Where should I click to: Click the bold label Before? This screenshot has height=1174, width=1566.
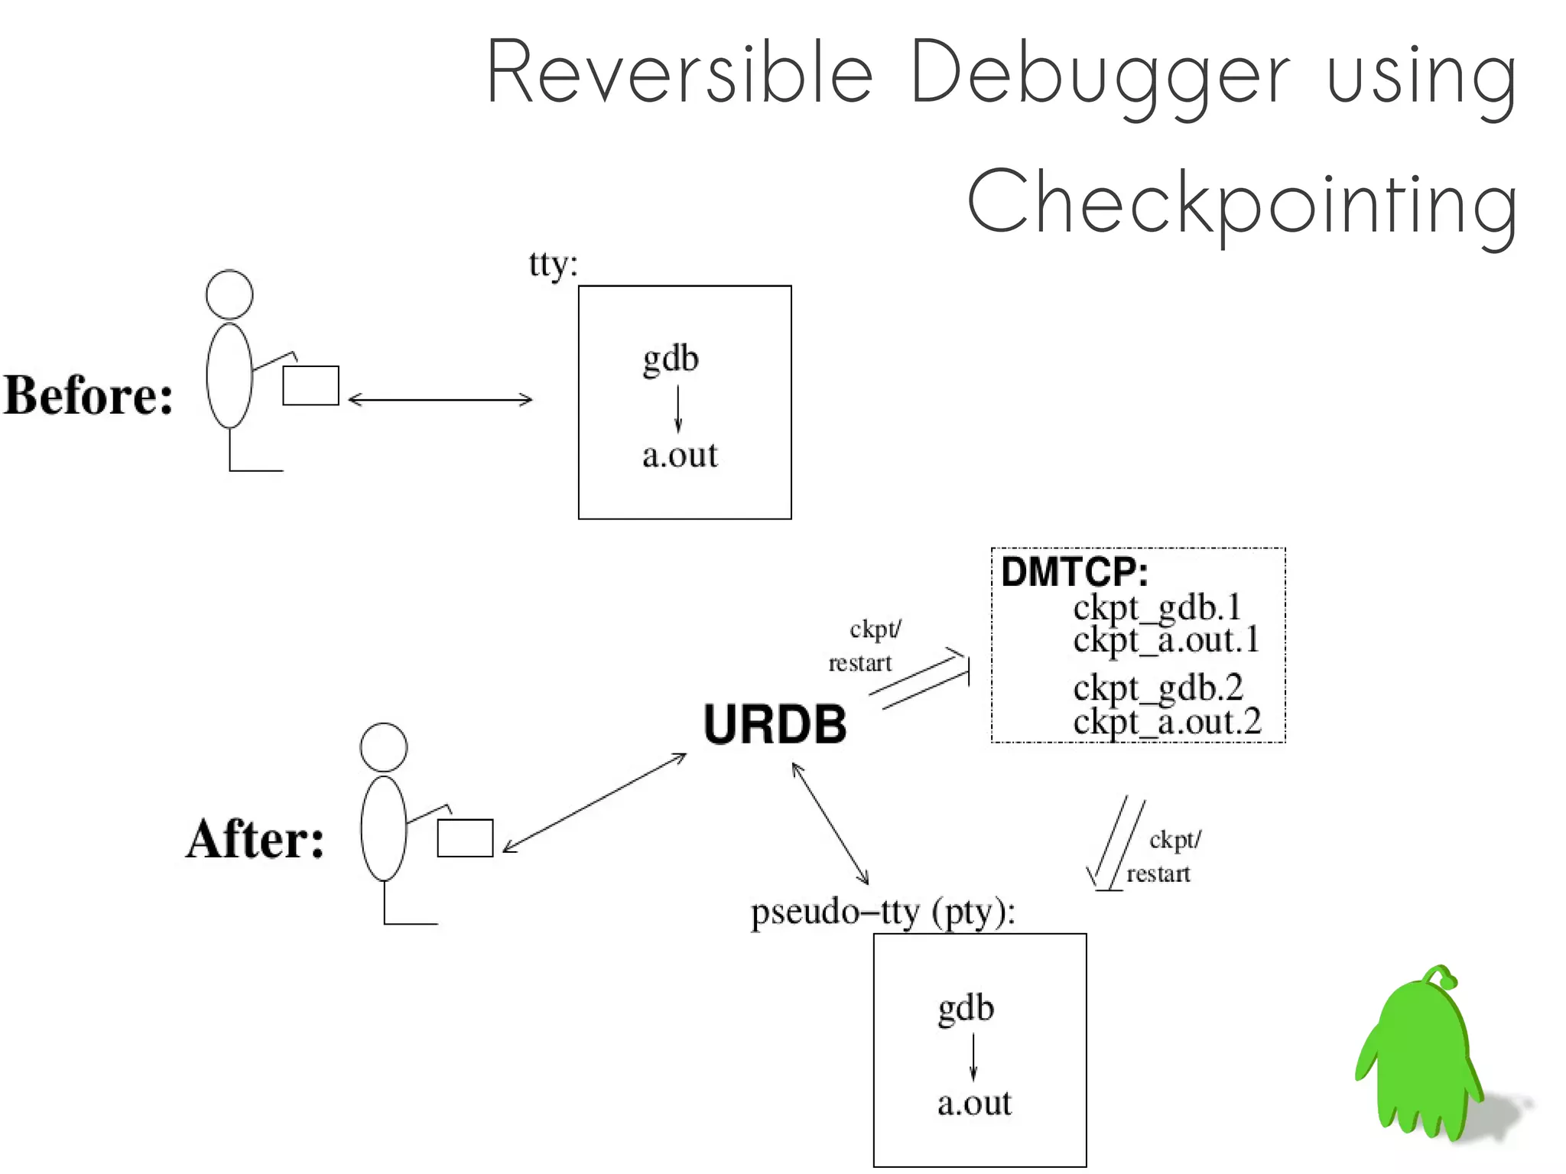click(89, 395)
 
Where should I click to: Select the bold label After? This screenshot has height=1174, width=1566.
click(255, 839)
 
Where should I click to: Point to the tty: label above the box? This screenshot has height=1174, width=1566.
click(553, 265)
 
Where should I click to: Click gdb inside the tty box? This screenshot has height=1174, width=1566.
click(671, 359)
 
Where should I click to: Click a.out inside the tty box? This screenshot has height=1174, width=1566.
click(680, 455)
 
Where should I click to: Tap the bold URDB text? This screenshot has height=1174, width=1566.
click(775, 724)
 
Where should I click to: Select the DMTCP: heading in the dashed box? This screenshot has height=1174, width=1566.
click(1074, 571)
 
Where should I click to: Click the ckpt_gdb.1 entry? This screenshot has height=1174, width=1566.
click(1156, 607)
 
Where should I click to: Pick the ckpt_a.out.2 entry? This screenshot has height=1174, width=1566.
click(1166, 721)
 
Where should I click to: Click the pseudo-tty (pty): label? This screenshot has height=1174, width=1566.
click(883, 912)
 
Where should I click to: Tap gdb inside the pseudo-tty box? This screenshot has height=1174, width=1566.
click(966, 1008)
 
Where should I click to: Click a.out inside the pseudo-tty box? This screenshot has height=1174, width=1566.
click(974, 1103)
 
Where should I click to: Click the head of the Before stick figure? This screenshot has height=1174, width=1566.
click(229, 294)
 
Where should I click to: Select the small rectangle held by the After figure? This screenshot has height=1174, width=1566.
click(465, 838)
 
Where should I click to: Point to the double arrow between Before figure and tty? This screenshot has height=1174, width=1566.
click(440, 399)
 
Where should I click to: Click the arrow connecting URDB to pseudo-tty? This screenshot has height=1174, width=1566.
click(830, 824)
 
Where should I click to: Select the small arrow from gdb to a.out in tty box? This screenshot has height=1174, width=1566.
click(677, 408)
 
